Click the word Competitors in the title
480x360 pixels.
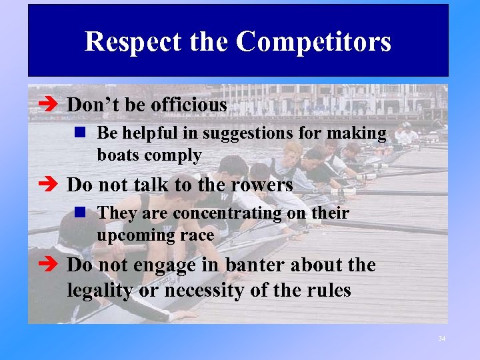pyautogui.click(x=313, y=42)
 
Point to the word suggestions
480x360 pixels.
pyautogui.click(x=244, y=134)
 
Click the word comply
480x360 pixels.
pyautogui.click(x=177, y=156)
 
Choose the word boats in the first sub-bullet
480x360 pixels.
pyautogui.click(x=117, y=156)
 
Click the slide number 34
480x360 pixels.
pyautogui.click(x=441, y=339)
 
